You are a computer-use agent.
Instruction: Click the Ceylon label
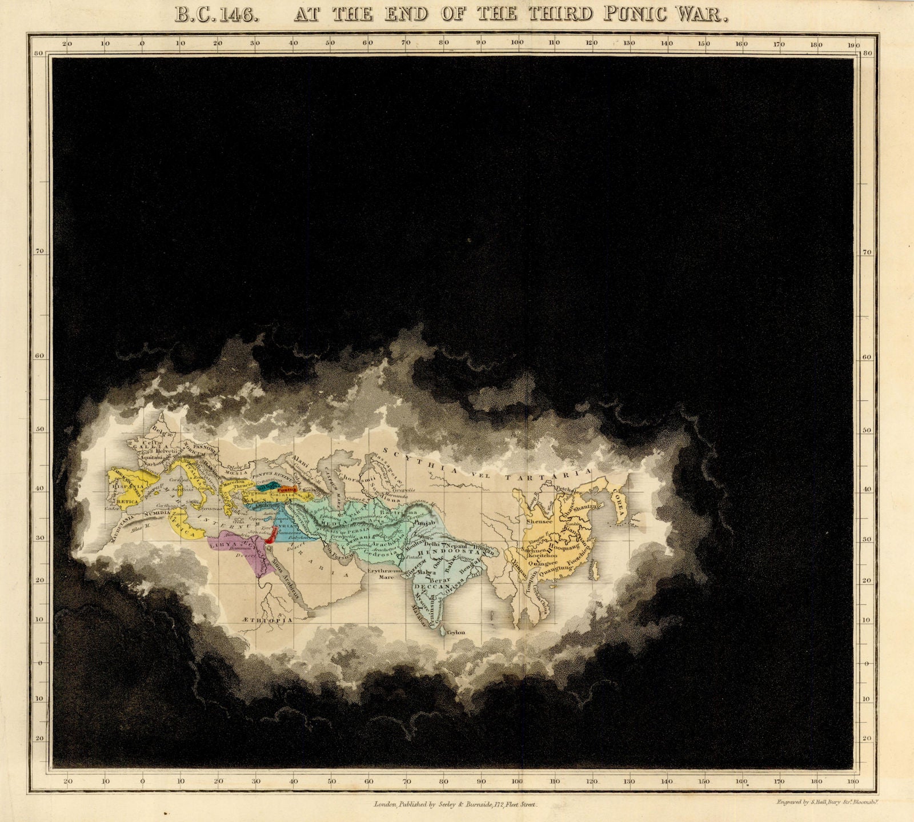(456, 632)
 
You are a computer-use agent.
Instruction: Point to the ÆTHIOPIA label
(271, 619)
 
